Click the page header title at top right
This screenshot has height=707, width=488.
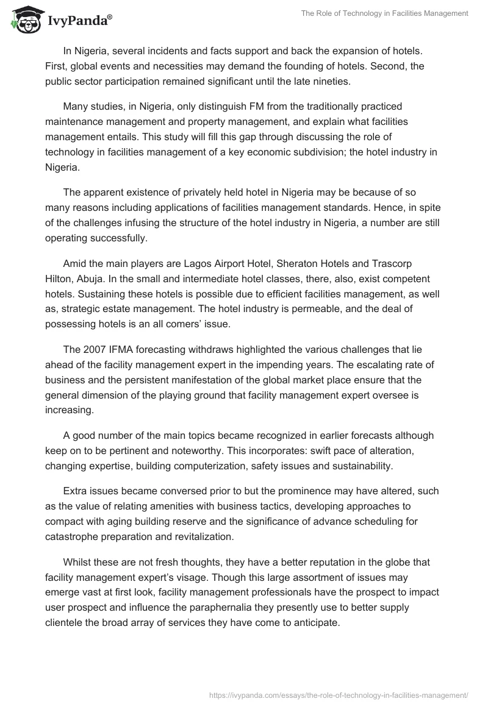384,13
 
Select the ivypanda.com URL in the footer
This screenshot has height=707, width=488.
338,694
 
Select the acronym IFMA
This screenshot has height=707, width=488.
124,349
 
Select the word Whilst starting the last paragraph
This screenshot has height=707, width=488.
78,563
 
